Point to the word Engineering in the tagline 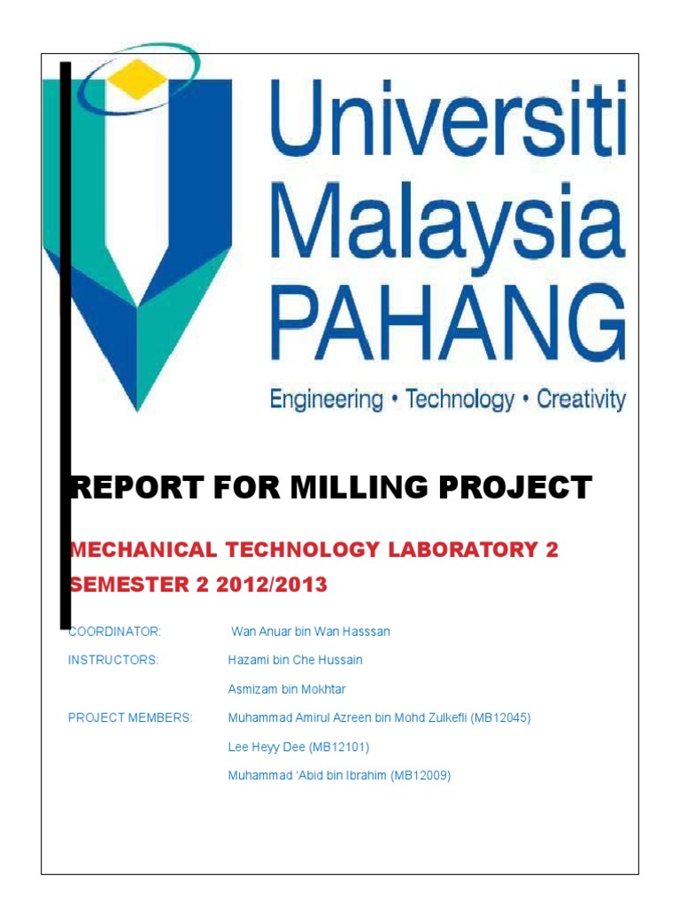click(x=326, y=399)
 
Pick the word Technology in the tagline click(x=460, y=399)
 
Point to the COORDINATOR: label click(x=114, y=632)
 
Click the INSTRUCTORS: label click(x=113, y=660)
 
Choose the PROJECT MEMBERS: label click(x=129, y=718)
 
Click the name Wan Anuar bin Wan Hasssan click(x=310, y=632)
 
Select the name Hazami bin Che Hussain click(x=295, y=660)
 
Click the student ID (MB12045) click(x=500, y=718)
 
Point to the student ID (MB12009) click(x=421, y=776)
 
